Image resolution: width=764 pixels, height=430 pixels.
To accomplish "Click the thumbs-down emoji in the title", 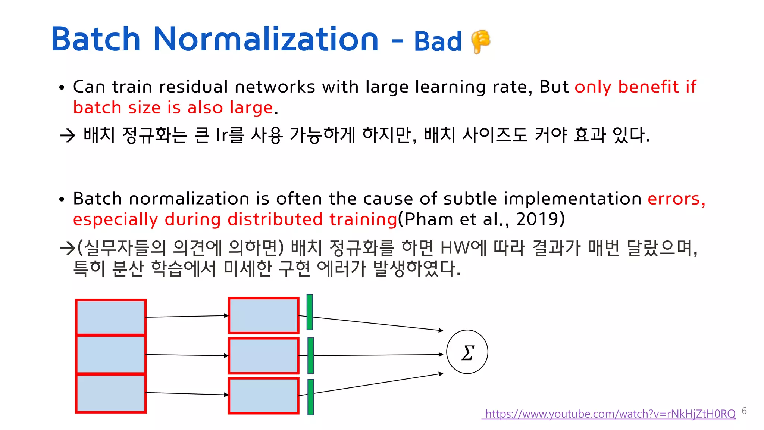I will point(480,41).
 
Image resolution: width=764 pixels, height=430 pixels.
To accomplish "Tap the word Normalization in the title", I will point(266,39).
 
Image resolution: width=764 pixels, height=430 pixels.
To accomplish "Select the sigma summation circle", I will point(467,352).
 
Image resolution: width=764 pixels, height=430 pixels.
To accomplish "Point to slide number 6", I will point(744,411).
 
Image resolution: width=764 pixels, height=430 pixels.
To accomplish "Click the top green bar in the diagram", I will point(310,312).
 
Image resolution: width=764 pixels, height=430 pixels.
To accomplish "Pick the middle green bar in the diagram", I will point(310,355).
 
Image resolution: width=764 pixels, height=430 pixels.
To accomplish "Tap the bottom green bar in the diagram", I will point(310,397).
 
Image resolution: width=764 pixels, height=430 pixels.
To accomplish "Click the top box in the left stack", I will point(111,317).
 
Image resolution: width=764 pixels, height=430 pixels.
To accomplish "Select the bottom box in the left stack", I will point(111,393).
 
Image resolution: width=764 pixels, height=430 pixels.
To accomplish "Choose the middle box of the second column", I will point(264,355).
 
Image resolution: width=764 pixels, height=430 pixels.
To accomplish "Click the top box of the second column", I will point(264,315).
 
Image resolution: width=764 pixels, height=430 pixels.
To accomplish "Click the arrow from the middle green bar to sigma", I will point(377,355).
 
